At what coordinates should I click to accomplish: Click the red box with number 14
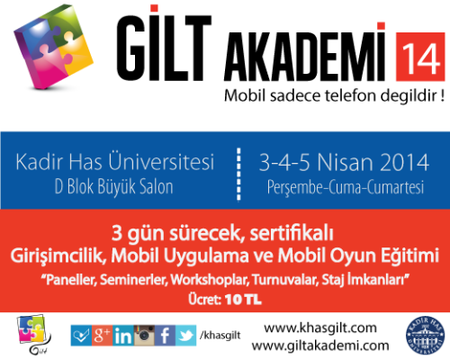click(x=420, y=57)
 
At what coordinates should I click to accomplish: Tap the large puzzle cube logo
click(x=53, y=47)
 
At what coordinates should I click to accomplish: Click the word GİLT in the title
click(x=164, y=43)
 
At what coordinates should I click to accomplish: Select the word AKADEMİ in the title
click(x=304, y=55)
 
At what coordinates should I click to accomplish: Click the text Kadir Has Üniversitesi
click(x=115, y=162)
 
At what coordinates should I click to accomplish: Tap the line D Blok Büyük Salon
click(x=114, y=187)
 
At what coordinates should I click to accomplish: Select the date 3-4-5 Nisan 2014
click(x=344, y=162)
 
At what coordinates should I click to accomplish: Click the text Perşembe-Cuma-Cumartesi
click(x=346, y=187)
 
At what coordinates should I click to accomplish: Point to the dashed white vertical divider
click(x=238, y=174)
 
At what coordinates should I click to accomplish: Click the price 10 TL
click(x=243, y=300)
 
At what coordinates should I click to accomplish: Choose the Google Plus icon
click(x=102, y=336)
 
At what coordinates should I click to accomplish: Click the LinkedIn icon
click(x=123, y=336)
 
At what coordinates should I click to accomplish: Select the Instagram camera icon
click(x=144, y=336)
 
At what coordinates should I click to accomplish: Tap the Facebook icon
click(x=165, y=336)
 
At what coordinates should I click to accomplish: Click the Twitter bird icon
click(x=186, y=336)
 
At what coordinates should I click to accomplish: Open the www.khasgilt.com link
click(x=320, y=328)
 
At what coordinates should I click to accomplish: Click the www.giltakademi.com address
click(x=320, y=346)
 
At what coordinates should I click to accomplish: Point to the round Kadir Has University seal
click(x=425, y=335)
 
